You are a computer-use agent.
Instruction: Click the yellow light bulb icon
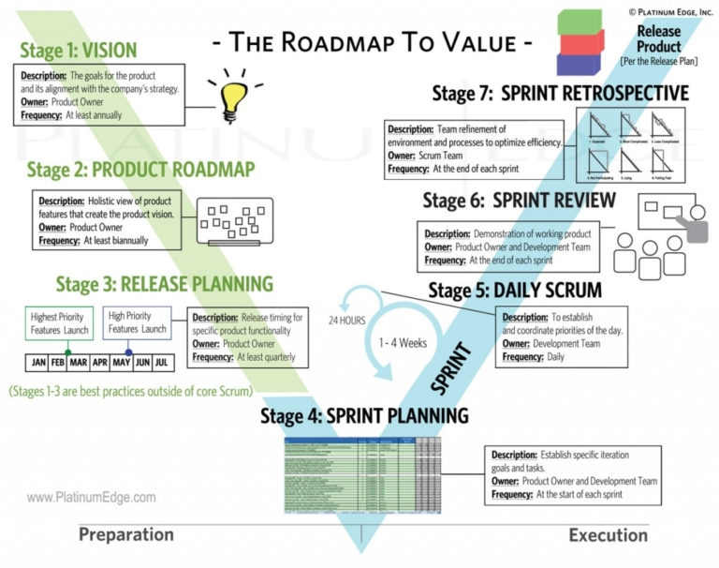(231, 95)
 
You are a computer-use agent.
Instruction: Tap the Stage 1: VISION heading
(79, 50)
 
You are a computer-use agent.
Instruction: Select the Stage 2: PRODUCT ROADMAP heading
(140, 169)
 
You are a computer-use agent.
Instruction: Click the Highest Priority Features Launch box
(61, 322)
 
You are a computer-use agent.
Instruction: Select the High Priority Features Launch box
(137, 322)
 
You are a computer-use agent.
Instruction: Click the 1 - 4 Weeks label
(403, 343)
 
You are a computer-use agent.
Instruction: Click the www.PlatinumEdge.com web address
(92, 499)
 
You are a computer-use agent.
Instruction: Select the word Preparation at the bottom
(125, 535)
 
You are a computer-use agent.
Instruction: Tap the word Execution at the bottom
(608, 535)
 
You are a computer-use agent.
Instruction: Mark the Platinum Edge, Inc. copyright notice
(669, 10)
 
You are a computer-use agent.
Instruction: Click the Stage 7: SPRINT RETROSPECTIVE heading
(560, 93)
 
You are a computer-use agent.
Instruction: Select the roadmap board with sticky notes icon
(234, 221)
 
